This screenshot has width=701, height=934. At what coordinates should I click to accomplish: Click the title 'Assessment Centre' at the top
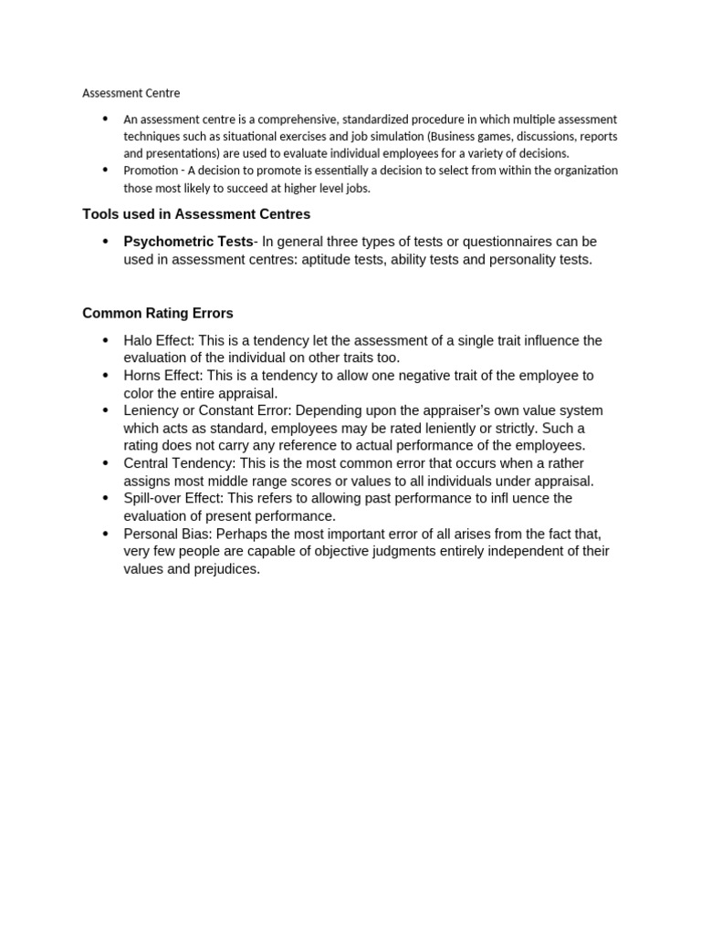click(131, 93)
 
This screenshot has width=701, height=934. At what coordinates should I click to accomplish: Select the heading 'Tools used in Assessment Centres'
click(196, 214)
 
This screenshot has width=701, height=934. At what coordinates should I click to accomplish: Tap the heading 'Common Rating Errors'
click(158, 313)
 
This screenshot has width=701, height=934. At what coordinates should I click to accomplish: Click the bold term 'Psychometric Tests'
click(188, 242)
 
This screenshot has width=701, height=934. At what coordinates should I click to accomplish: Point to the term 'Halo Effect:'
click(159, 340)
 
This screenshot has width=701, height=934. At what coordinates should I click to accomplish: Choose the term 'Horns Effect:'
click(163, 376)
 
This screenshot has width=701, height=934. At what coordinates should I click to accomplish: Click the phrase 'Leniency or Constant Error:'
click(207, 410)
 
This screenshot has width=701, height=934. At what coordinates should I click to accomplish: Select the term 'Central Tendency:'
click(180, 463)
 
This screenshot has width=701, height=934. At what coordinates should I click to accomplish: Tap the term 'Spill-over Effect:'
click(173, 498)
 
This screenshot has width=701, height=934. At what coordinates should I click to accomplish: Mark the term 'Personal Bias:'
click(168, 534)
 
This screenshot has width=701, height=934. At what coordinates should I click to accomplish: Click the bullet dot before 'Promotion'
click(105, 171)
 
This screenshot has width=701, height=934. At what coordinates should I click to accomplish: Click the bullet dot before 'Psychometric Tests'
click(105, 242)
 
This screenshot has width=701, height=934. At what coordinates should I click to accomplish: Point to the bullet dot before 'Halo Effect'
click(105, 340)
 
